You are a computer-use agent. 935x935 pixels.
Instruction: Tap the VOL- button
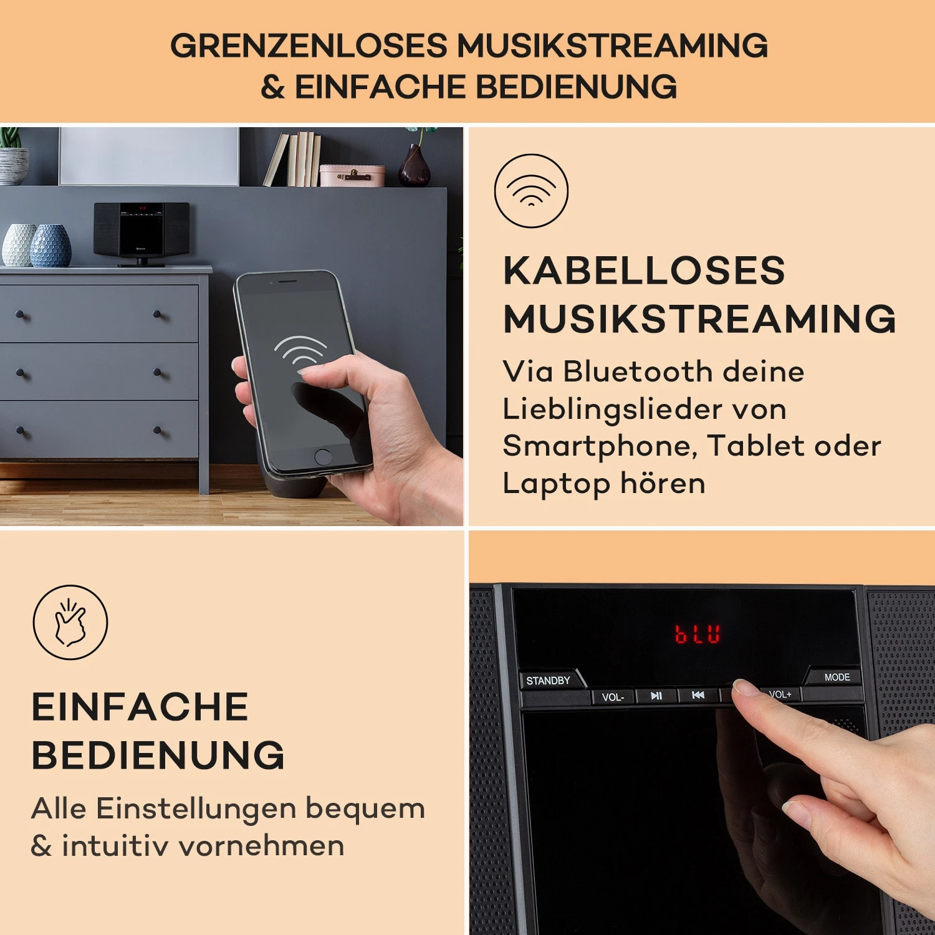pos(613,697)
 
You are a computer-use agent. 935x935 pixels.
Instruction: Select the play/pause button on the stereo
pos(656,696)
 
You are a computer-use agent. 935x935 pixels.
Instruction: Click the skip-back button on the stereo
pos(698,695)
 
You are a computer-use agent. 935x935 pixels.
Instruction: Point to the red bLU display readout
pos(698,634)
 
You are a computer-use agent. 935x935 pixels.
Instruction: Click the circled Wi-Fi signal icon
pos(531,190)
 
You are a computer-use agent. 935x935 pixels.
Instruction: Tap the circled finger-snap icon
pos(70,622)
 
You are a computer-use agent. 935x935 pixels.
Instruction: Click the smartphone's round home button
pos(323,456)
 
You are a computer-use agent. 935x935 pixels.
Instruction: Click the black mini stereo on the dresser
pos(141,233)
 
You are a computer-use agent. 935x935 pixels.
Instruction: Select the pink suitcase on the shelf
pos(352,175)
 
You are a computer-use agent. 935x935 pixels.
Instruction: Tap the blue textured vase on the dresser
pos(50,246)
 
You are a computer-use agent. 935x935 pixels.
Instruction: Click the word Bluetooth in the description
pos(638,372)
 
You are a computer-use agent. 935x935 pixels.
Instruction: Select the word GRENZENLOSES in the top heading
pos(309,46)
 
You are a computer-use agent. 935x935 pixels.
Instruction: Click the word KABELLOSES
pos(644,271)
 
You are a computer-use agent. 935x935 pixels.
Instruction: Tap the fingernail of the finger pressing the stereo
pos(744,688)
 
